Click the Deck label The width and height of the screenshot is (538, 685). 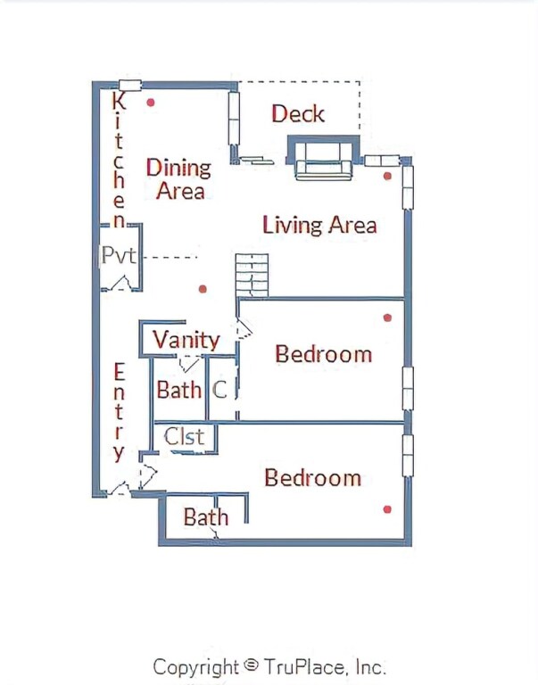click(298, 113)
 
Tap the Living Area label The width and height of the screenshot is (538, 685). click(319, 225)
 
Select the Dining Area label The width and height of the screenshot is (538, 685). click(178, 179)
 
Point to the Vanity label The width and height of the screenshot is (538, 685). click(186, 341)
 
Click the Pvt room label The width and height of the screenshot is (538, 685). click(119, 254)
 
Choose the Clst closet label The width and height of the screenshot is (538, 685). click(184, 436)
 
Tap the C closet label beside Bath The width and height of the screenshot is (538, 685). click(219, 390)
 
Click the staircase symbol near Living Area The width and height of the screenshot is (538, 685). click(252, 276)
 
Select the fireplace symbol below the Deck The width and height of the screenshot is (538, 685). click(323, 157)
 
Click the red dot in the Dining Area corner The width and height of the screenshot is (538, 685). click(151, 103)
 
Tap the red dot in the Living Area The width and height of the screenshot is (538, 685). click(387, 176)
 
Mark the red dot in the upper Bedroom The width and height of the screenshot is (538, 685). click(387, 318)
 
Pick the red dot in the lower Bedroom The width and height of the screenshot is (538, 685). click(387, 509)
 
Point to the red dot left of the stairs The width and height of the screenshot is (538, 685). click(203, 289)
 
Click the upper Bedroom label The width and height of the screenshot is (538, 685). click(323, 354)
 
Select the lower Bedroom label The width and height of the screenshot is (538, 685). click(313, 477)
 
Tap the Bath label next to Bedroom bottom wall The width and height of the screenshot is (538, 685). click(206, 517)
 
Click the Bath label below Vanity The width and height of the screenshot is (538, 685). click(178, 390)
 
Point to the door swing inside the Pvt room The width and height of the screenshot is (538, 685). click(121, 283)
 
